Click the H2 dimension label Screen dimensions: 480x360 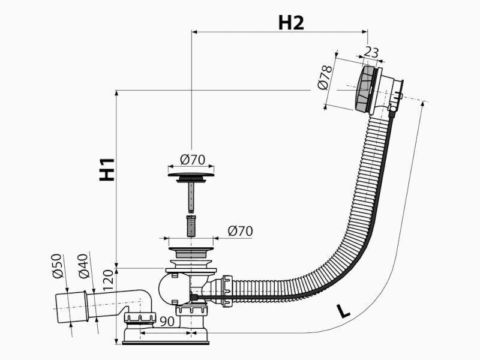point(291,22)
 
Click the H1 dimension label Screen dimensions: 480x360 point(107,170)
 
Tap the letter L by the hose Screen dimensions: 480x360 point(343,311)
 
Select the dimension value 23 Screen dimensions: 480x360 point(371,52)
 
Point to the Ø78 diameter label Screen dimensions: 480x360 point(325,77)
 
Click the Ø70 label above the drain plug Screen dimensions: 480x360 point(193,160)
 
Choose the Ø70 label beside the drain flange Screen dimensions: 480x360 point(241,231)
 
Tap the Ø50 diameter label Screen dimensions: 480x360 point(58,266)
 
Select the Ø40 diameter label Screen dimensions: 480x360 point(83,266)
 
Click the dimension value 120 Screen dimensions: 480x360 point(108,280)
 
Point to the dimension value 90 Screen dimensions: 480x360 point(167,321)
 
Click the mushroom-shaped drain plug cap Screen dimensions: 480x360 point(191,177)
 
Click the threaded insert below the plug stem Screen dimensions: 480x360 point(191,226)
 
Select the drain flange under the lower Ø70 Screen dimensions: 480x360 point(191,252)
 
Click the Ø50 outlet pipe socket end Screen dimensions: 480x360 point(71,307)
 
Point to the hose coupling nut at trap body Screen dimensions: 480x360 point(227,291)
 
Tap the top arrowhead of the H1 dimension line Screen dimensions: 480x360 point(116,94)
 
